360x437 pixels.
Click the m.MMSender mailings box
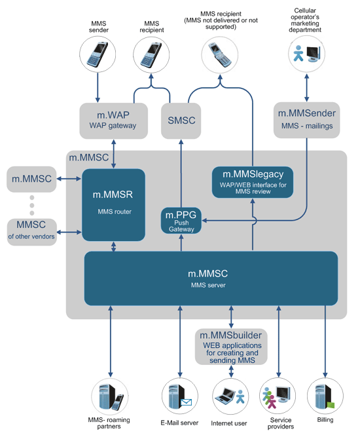tap(307, 120)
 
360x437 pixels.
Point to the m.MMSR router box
tap(114, 204)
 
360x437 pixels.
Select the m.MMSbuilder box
tap(231, 347)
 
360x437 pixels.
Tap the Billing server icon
tap(325, 397)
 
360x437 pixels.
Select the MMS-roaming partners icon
tap(109, 397)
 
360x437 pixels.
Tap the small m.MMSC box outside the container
tap(31, 179)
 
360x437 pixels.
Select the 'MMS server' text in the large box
tap(211, 286)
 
